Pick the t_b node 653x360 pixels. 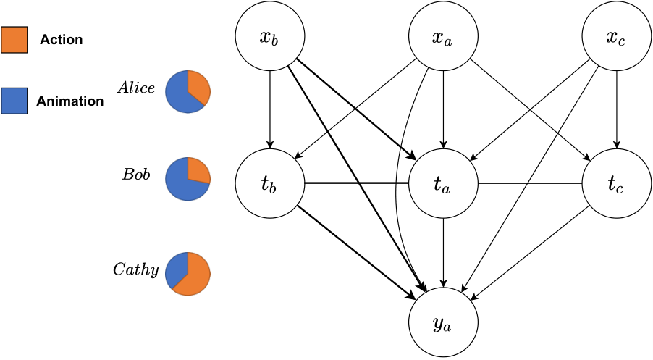270,183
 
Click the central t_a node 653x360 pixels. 443,183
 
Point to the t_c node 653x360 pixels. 616,183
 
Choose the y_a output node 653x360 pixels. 443,322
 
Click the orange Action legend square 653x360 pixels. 14,40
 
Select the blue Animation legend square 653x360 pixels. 14,101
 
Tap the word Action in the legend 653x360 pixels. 62,40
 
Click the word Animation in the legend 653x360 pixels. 70,101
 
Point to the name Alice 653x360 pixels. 136,88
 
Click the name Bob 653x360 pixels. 136,174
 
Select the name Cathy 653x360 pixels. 136,269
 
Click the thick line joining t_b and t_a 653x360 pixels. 356,183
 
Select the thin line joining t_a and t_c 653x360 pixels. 530,183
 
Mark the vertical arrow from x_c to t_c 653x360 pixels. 616,110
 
